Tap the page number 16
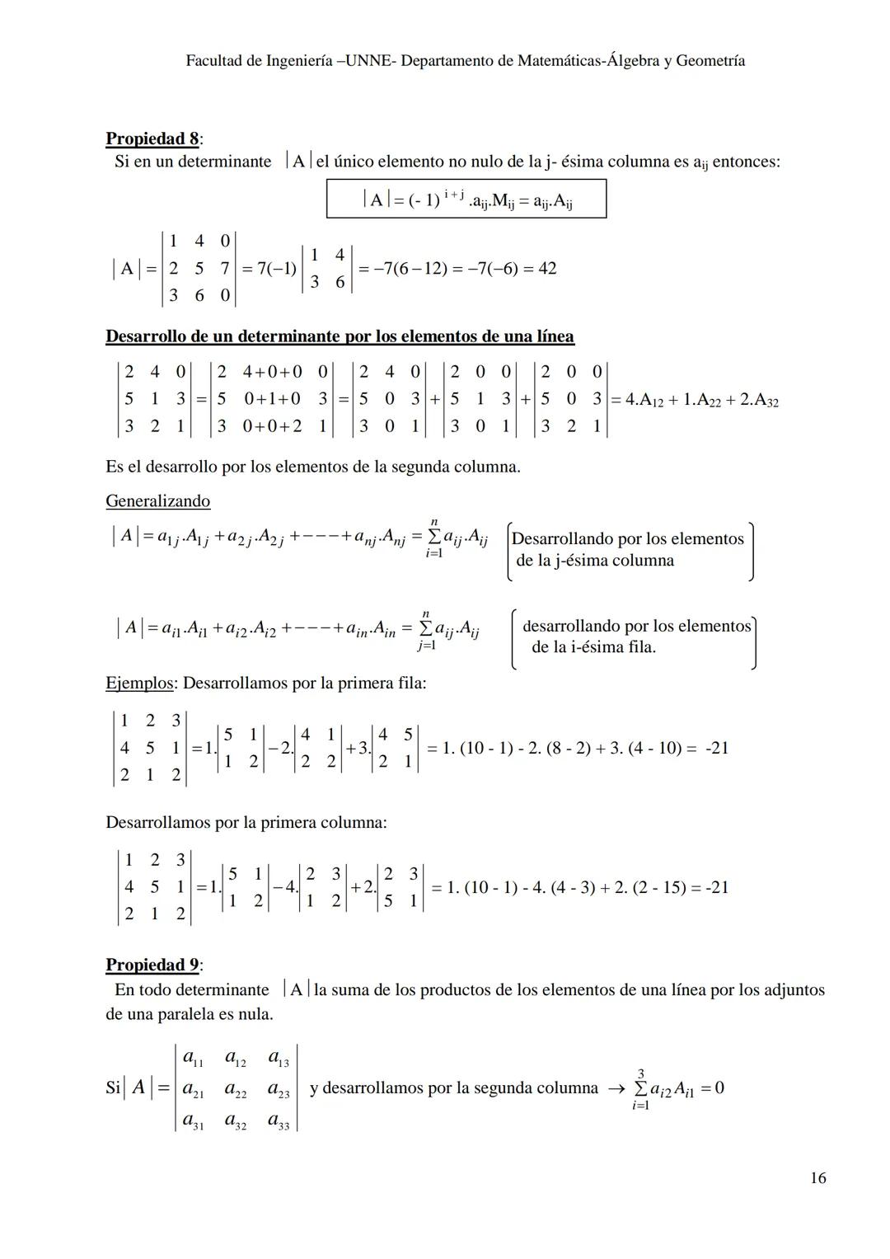[817, 1178]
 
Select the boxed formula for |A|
[466, 199]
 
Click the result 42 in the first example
[546, 269]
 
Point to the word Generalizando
[157, 501]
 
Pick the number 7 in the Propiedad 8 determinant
[224, 269]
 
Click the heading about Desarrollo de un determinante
[340, 336]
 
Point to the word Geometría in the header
[712, 61]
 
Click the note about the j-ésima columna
[627, 550]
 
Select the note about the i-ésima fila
[635, 637]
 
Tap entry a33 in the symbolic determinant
[279, 1122]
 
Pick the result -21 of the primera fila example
[716, 749]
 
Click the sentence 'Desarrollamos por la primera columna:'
[246, 823]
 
